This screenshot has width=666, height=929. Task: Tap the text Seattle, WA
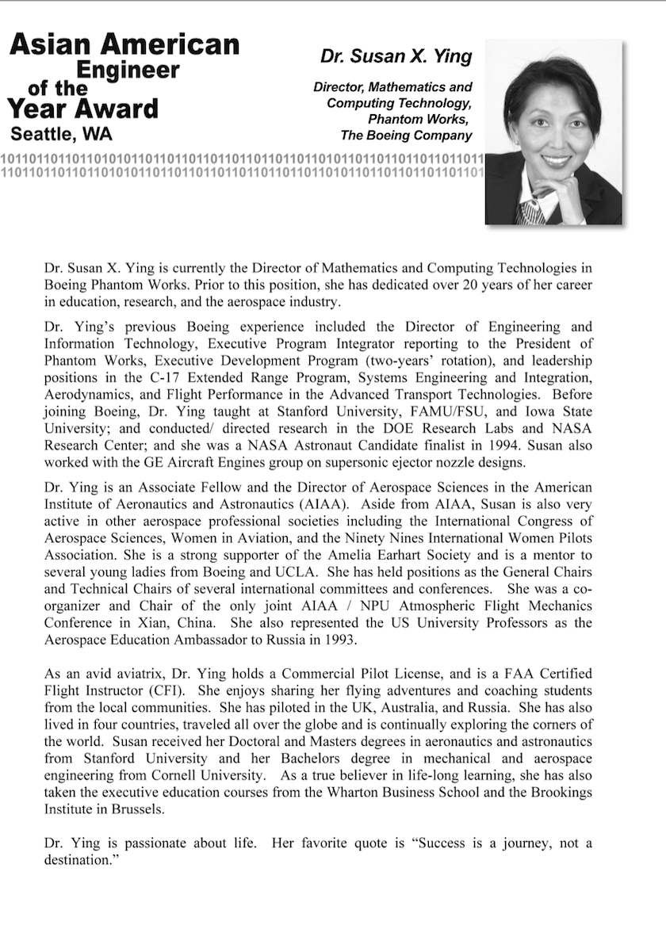(x=61, y=133)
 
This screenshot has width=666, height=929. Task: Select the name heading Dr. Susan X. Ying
(x=396, y=57)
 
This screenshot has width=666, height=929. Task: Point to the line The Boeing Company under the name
(x=406, y=136)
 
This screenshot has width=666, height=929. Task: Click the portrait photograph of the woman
(x=553, y=132)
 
